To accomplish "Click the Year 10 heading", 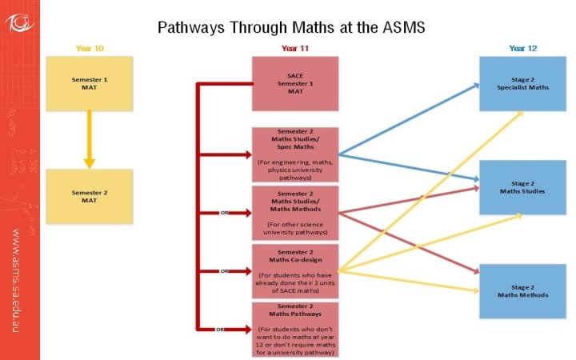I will click(x=90, y=48).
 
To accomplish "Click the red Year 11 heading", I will click(x=295, y=48).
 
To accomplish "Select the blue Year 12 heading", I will click(x=523, y=48).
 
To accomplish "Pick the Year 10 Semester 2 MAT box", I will click(x=90, y=196).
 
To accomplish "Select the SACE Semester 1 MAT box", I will click(x=295, y=83).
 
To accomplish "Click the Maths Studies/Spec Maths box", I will click(x=295, y=154).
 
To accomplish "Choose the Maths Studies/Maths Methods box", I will click(x=295, y=212).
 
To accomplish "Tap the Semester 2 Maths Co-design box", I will click(x=295, y=270).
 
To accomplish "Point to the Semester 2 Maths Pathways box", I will click(x=295, y=329).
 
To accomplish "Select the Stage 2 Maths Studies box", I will click(x=523, y=187).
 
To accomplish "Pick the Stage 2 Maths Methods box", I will click(x=523, y=291).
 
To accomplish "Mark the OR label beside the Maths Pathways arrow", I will click(x=226, y=330).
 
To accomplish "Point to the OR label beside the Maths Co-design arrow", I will click(x=226, y=271).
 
